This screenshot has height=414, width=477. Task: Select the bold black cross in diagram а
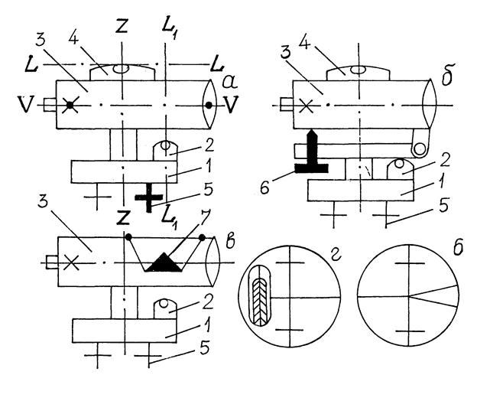[x=149, y=197]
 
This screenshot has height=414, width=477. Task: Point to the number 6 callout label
[x=264, y=187]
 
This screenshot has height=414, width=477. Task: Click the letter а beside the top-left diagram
[x=230, y=82]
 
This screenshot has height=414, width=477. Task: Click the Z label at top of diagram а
[x=122, y=26]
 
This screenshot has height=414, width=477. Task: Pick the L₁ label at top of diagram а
[x=169, y=29]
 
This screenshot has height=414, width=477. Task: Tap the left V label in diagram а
[x=25, y=104]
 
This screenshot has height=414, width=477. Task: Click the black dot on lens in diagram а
[x=209, y=106]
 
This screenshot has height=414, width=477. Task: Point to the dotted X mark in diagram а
[x=70, y=105]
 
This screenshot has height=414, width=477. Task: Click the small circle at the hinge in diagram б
[x=420, y=149]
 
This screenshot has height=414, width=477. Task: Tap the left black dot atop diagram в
[x=128, y=236]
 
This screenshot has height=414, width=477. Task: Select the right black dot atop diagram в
[x=202, y=237]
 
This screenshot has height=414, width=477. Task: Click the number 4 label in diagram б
[x=304, y=43]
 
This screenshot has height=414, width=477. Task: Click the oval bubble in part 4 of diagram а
[x=121, y=69]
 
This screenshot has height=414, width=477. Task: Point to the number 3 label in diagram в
[x=43, y=201]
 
